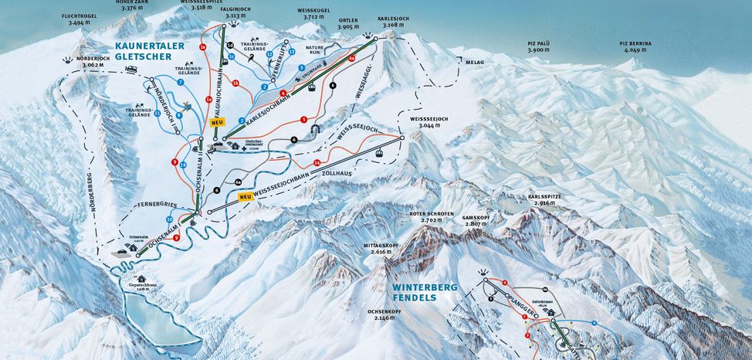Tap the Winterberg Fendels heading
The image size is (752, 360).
(423, 292)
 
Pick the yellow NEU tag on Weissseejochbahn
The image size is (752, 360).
(246, 198)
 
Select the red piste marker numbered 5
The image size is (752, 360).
(304, 120)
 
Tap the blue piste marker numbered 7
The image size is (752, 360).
(179, 81)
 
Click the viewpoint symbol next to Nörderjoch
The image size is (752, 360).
(72, 59)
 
